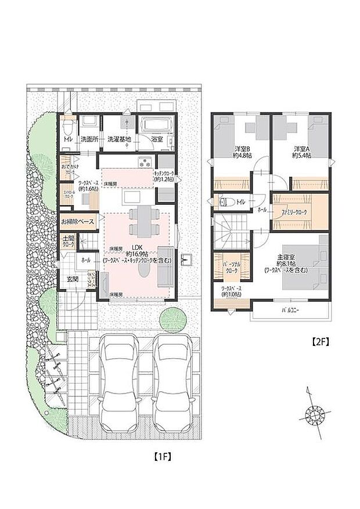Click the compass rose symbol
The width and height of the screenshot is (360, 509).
[314, 414]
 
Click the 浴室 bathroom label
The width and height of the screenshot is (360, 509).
[157, 139]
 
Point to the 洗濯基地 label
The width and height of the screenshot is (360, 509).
[119, 139]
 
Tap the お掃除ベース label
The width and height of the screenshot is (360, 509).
[77, 222]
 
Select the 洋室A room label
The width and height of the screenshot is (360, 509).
[300, 149]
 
